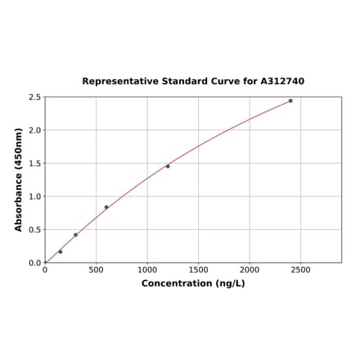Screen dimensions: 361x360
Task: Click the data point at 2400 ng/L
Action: click(x=290, y=101)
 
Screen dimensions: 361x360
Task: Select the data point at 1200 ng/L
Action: click(x=168, y=166)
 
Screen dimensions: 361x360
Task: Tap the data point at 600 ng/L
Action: click(x=106, y=207)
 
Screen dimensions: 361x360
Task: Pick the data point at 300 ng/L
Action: click(x=76, y=235)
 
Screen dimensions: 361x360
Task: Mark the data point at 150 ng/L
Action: click(x=61, y=251)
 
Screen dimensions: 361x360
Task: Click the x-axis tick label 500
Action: click(x=96, y=269)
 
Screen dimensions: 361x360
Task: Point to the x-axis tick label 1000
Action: click(x=147, y=269)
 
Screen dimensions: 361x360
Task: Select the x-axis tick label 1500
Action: click(x=198, y=269)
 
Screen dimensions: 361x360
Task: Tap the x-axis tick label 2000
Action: click(x=250, y=269)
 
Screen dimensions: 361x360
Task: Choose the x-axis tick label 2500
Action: click(x=300, y=269)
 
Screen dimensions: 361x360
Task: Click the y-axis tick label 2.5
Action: click(x=34, y=97)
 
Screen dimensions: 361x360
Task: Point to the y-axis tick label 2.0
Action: click(x=34, y=130)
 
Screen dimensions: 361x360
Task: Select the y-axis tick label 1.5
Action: click(x=34, y=164)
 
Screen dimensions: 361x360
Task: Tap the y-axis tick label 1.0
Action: click(x=34, y=196)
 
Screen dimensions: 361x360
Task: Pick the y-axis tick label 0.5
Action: click(x=34, y=230)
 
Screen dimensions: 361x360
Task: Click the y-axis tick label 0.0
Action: click(x=34, y=263)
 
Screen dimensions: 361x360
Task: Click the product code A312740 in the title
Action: click(x=282, y=82)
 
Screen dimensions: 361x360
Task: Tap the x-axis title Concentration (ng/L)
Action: click(x=193, y=283)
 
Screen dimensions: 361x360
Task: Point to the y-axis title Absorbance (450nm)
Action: click(x=19, y=179)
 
